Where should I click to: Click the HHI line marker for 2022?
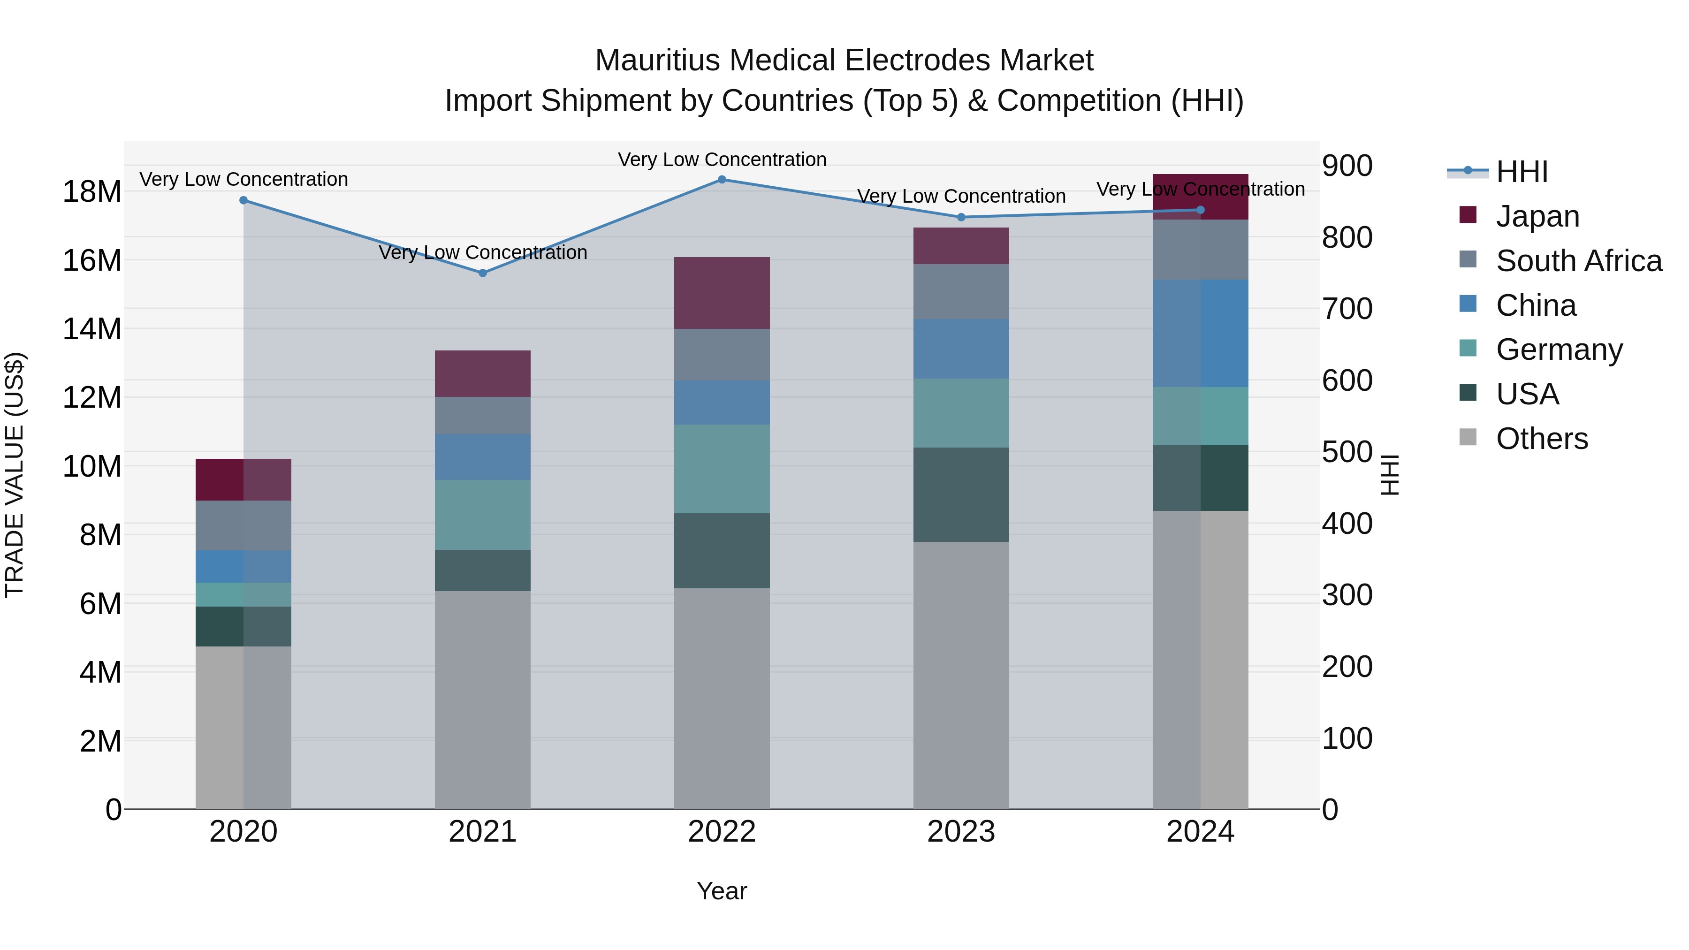(722, 179)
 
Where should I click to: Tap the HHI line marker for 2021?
(483, 273)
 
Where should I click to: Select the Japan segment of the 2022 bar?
(722, 293)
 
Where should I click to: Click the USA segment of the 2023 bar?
(961, 494)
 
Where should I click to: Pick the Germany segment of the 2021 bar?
(483, 515)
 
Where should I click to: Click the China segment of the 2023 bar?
(961, 349)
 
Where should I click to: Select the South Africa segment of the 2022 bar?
(722, 355)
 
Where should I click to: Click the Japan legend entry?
(1537, 216)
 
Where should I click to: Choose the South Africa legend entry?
(1578, 261)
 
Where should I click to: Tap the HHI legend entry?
(1521, 172)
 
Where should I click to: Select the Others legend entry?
(1542, 439)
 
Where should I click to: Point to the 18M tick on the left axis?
(92, 192)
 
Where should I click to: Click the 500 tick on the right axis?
(1347, 452)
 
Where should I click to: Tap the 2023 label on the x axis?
(961, 832)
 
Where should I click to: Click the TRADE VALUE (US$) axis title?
(15, 475)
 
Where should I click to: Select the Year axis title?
(722, 891)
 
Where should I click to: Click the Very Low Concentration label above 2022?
(722, 160)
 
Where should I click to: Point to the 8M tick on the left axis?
(100, 535)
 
